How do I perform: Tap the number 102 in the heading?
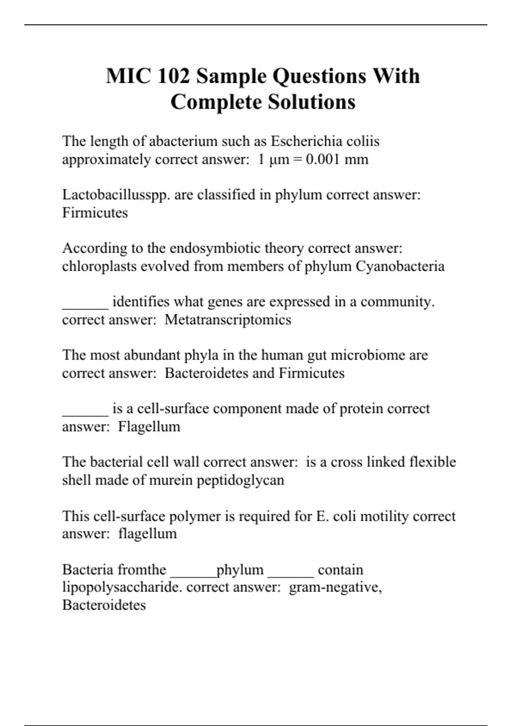tap(174, 76)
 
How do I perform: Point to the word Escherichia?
tap(306, 141)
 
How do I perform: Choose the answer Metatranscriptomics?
tap(228, 319)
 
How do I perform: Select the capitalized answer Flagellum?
tap(149, 426)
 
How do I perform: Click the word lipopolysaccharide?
tap(122, 587)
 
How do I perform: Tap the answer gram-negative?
tap(335, 587)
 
